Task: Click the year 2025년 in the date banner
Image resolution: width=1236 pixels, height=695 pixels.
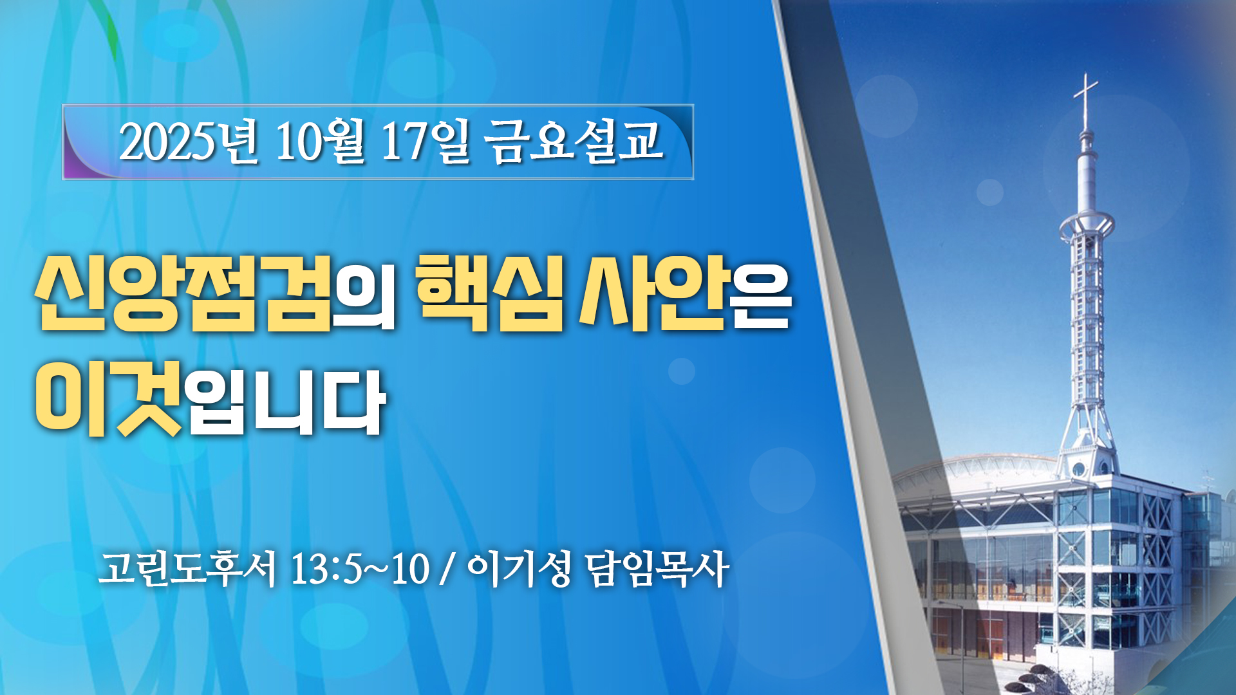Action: (189, 142)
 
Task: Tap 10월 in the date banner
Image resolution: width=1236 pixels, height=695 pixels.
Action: (320, 142)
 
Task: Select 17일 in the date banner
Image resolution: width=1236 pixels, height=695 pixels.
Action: (426, 142)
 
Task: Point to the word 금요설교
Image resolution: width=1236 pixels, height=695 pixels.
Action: (575, 142)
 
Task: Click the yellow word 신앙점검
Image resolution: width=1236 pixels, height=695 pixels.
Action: (184, 293)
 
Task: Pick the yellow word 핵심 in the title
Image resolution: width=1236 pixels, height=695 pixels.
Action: (489, 293)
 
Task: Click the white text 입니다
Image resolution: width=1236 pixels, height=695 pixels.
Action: (286, 402)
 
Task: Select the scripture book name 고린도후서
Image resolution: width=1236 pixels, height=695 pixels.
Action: (187, 569)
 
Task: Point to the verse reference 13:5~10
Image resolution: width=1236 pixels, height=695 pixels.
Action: (360, 569)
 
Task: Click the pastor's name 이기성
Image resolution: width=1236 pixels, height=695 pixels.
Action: (519, 569)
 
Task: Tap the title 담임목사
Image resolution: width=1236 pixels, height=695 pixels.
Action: (657, 569)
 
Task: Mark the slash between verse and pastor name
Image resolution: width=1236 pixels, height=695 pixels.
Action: (445, 570)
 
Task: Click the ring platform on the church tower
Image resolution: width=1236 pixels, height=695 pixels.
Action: (1086, 225)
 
